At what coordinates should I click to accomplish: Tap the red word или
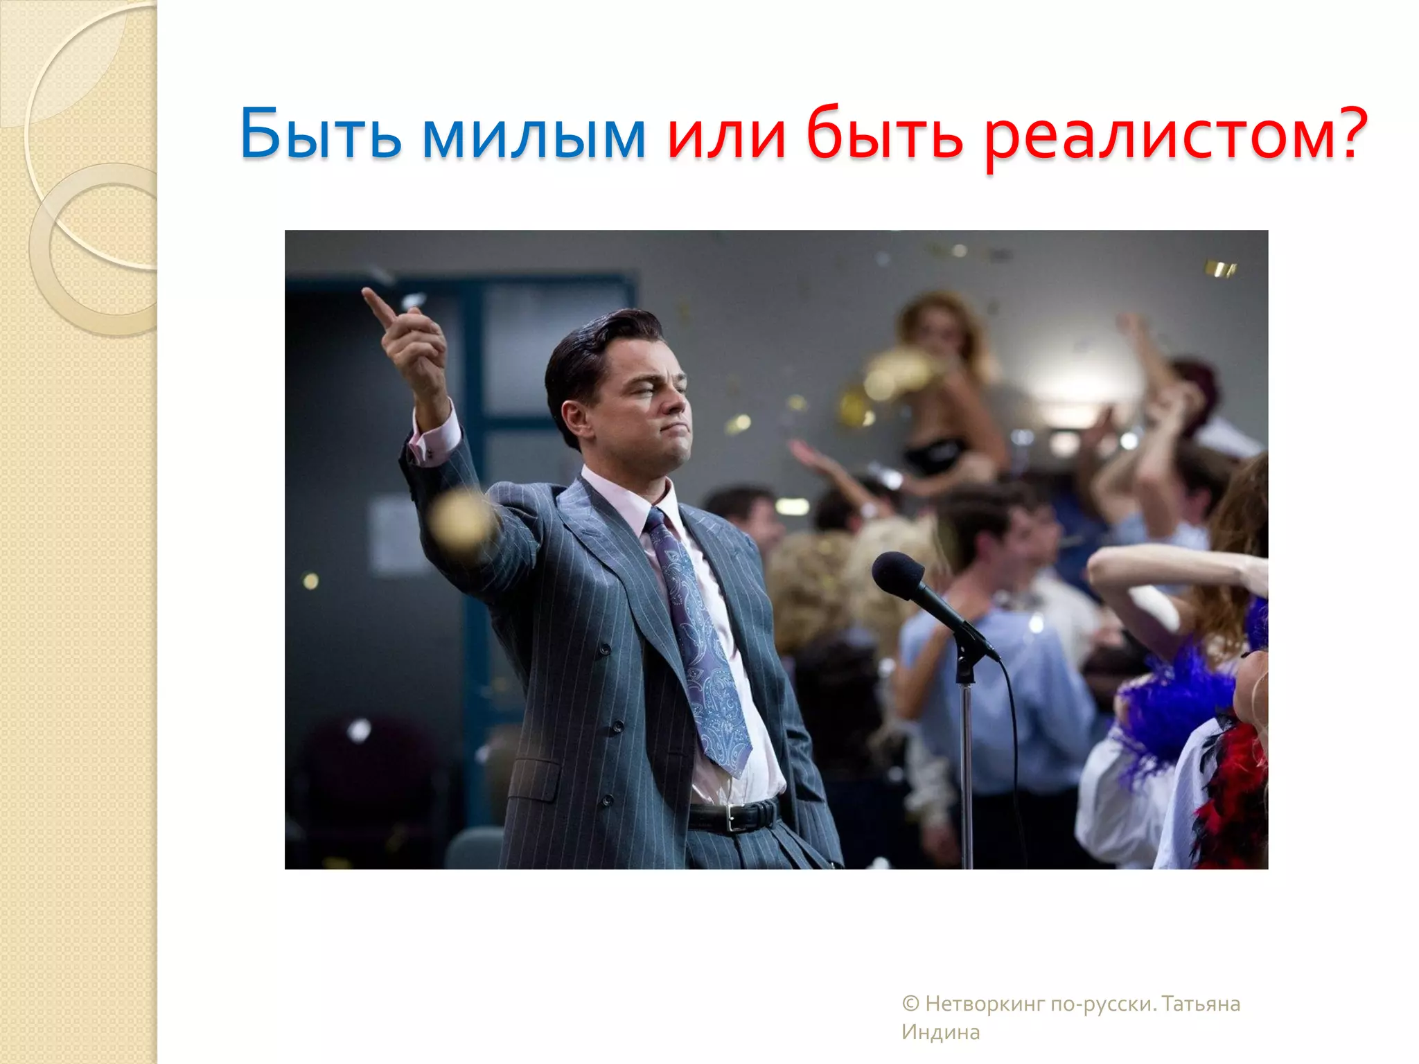tap(727, 135)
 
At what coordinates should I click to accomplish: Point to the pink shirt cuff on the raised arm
tap(434, 436)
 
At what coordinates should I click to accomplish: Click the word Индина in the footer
tap(940, 1032)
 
